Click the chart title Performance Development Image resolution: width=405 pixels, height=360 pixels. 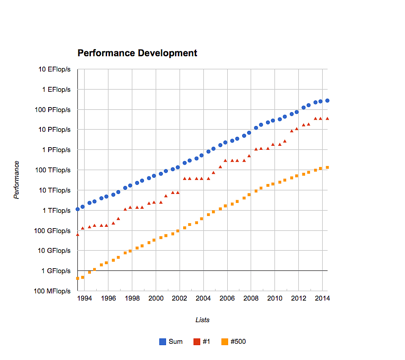pos(137,53)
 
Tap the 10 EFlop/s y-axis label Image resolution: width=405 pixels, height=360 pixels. pos(54,69)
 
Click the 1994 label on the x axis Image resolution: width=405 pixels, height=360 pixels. pos(85,298)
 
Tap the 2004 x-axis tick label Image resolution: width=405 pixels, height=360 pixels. pos(203,298)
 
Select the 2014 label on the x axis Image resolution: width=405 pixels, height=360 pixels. pos(322,298)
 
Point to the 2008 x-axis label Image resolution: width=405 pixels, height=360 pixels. pos(251,298)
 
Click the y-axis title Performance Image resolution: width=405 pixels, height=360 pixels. pos(17,180)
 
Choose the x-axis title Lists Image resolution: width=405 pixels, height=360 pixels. pos(202,320)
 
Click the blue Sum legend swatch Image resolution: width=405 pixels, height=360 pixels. pos(163,342)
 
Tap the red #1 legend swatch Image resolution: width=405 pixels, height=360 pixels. pos(197,342)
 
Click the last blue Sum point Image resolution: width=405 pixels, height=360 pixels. pos(327,101)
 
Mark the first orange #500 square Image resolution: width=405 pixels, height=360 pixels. pos(77,278)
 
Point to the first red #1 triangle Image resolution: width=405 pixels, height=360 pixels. pos(77,234)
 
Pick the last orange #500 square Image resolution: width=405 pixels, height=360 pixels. pos(327,167)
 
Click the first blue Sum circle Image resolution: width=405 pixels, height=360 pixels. pos(77,209)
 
